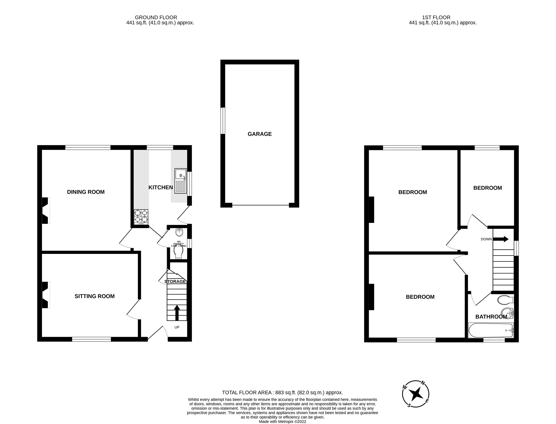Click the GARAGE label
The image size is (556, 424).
tap(260, 134)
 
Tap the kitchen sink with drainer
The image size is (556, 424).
tap(180, 181)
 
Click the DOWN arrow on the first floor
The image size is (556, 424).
tap(501, 239)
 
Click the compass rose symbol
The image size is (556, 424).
tap(415, 393)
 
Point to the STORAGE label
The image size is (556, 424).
tap(175, 281)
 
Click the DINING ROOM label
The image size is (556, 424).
tap(86, 192)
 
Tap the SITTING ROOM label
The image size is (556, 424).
tap(95, 296)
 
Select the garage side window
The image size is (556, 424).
tap(223, 121)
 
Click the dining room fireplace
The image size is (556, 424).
tap(46, 211)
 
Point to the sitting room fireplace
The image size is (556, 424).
tap(46, 295)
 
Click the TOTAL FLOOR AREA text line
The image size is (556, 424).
tap(282, 392)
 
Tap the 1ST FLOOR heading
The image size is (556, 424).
tap(436, 17)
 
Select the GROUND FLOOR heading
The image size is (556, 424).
tap(156, 17)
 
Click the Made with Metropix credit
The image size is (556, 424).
tap(282, 421)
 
